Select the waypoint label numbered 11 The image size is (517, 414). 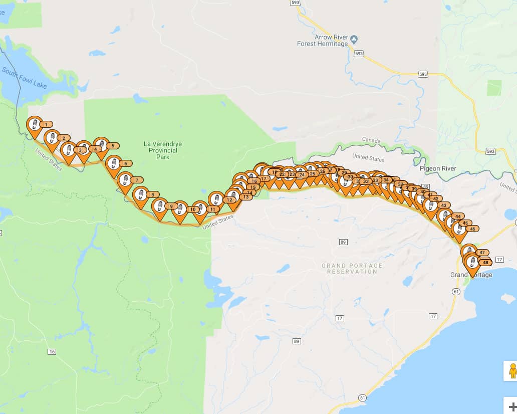pyautogui.click(x=212, y=209)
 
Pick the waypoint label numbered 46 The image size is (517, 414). pyautogui.click(x=472, y=229)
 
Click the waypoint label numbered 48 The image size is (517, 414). pyautogui.click(x=484, y=262)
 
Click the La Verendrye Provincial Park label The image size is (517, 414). pyautogui.click(x=163, y=150)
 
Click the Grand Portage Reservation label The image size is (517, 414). pyautogui.click(x=352, y=268)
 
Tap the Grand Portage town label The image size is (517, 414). pyautogui.click(x=471, y=275)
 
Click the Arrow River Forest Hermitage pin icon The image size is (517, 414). pyautogui.click(x=354, y=39)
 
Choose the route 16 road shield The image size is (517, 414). pyautogui.click(x=52, y=352)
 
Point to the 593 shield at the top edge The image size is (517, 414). pyautogui.click(x=296, y=3)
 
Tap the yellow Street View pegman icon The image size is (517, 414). pyautogui.click(x=511, y=371)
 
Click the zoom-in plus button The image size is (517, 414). pyautogui.click(x=512, y=406)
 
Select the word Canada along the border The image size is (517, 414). pyautogui.click(x=371, y=141)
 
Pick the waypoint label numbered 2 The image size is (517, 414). pyautogui.click(x=64, y=138)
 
